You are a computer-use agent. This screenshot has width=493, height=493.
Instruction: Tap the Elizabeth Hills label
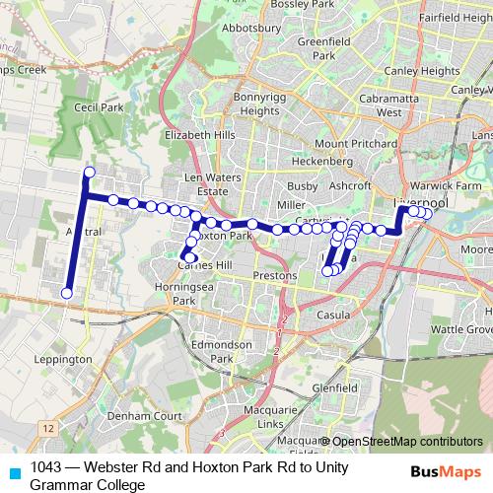pyautogui.click(x=201, y=134)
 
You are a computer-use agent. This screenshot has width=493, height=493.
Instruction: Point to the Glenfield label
pyautogui.click(x=335, y=388)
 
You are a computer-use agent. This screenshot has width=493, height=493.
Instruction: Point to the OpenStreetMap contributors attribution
pyautogui.click(x=406, y=443)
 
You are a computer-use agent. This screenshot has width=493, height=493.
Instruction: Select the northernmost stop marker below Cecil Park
pyautogui.click(x=89, y=173)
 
